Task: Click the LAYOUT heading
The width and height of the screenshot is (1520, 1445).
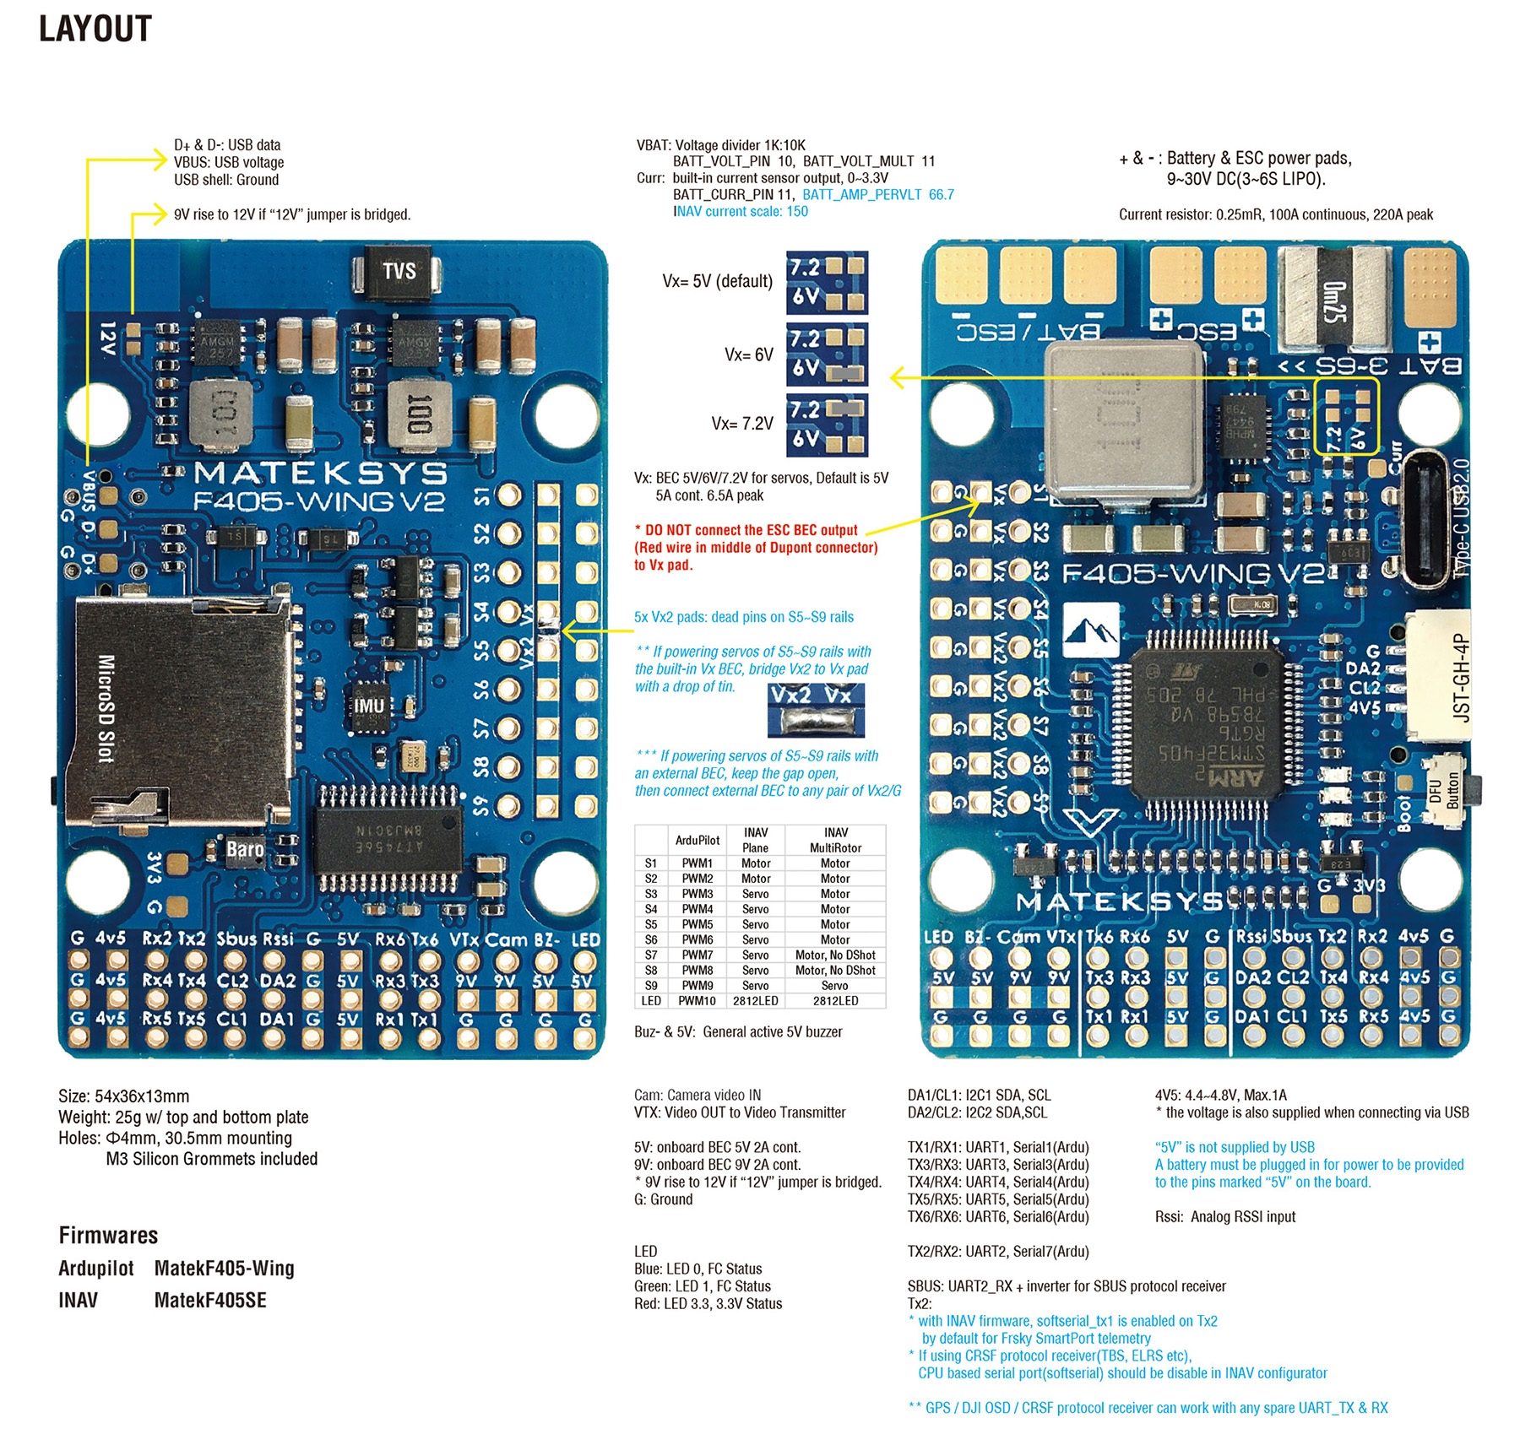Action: pos(95,29)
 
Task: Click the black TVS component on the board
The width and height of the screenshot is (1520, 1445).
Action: pos(399,271)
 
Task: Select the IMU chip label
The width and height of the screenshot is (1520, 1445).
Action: pos(369,706)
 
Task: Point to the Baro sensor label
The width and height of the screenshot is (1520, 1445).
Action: pos(244,849)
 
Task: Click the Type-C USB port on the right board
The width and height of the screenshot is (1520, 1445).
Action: pos(1428,519)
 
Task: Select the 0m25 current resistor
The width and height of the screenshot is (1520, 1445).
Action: pos(1334,300)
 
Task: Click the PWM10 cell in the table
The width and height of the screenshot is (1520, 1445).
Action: pos(697,1001)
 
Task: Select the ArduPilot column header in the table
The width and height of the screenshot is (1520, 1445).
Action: pos(697,840)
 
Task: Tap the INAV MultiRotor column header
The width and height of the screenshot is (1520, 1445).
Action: pos(835,840)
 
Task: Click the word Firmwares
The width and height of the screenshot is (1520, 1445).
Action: pos(108,1236)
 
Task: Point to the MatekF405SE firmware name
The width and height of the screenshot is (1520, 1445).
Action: pos(210,1301)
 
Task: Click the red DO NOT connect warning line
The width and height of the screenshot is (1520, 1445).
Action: pos(751,530)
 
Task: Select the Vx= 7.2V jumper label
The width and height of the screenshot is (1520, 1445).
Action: pos(741,424)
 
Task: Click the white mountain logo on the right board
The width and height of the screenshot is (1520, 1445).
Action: pos(1090,630)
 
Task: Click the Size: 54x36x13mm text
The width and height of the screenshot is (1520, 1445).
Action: pos(123,1096)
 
